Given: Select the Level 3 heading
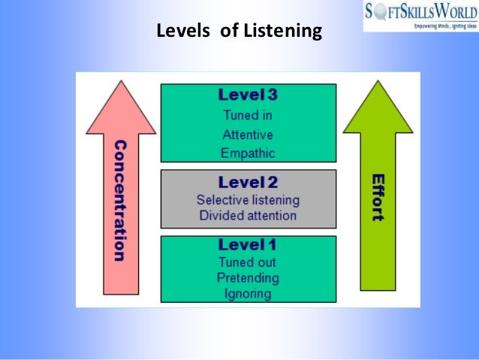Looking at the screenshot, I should tap(248, 95).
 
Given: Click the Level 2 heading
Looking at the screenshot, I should tap(248, 183).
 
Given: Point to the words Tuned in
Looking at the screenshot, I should tap(248, 116).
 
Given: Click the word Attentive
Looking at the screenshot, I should tap(248, 135).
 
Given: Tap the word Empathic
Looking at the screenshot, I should tap(248, 153).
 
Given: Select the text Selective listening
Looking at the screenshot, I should tap(248, 200).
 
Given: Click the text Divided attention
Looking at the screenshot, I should tap(248, 216).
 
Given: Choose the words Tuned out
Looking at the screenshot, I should tap(248, 262).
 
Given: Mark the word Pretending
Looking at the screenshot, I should tap(248, 277).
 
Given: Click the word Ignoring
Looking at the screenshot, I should tap(248, 292).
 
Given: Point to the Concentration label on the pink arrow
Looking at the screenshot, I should tap(119, 199).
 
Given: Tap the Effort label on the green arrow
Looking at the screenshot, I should tap(378, 198).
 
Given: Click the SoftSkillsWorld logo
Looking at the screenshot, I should tap(420, 11).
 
